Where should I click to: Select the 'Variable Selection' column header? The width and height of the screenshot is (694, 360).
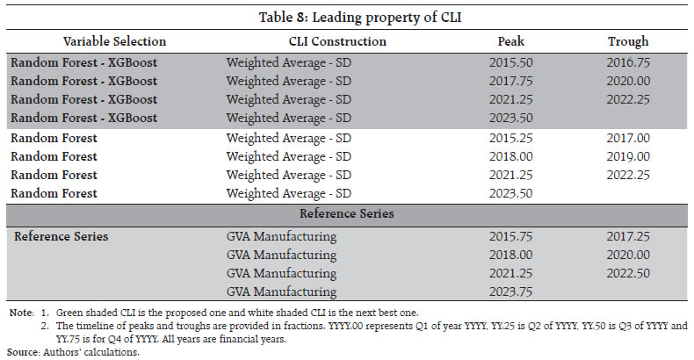114,41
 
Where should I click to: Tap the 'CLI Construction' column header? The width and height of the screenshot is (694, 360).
337,41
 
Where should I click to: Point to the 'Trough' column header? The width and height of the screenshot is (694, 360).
627,41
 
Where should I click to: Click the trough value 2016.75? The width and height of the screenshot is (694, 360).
627,63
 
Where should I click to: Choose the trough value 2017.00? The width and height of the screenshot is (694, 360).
627,138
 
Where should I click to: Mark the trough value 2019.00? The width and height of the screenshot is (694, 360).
627,156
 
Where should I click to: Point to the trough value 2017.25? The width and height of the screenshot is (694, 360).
627,236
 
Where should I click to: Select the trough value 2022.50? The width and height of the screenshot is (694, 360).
627,273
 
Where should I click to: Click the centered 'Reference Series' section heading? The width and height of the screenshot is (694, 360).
346,214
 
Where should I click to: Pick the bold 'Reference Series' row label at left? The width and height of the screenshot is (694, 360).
61,236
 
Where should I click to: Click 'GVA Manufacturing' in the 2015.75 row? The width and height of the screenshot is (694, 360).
281,236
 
